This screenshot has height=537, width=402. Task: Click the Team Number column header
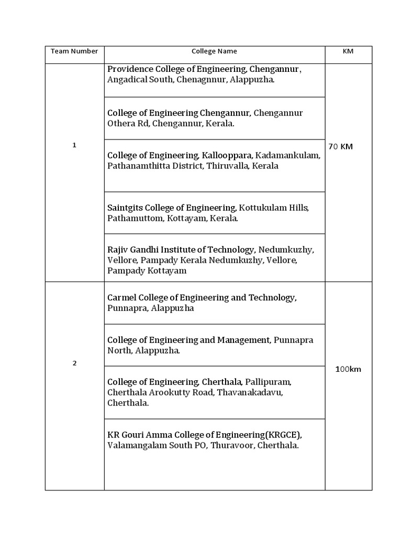(74, 51)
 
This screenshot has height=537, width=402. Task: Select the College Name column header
(214, 51)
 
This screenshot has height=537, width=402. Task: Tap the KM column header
(348, 51)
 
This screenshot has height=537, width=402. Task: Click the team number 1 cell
(74, 145)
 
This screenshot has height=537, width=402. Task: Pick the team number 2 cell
(74, 363)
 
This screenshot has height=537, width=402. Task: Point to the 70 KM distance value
(340, 146)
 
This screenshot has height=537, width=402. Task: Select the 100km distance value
(348, 369)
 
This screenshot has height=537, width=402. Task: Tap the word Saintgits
(125, 208)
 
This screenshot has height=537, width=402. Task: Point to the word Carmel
(121, 297)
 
